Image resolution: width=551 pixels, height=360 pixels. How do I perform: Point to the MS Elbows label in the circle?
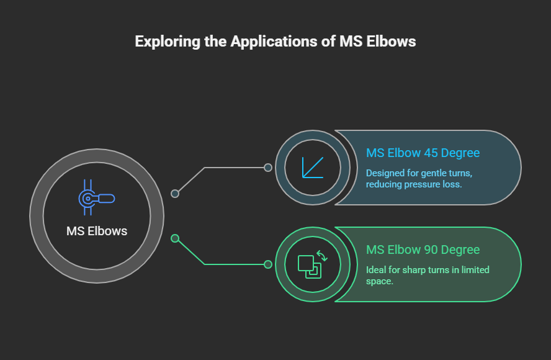point(97,231)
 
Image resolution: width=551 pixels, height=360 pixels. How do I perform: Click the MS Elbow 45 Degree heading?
point(423,153)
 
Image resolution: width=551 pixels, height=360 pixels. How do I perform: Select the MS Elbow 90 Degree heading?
point(423,250)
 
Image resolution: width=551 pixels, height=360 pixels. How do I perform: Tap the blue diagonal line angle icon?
point(313,167)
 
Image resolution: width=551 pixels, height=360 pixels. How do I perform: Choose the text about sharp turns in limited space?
point(428,275)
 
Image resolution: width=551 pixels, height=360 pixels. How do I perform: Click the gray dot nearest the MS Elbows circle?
point(175,194)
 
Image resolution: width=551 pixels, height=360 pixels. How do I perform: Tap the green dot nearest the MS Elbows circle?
point(175,238)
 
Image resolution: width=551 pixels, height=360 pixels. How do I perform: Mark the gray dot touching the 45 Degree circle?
point(268,168)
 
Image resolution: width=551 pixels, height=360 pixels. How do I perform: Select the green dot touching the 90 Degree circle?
point(268,264)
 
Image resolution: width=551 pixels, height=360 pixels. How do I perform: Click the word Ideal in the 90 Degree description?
point(375,270)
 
